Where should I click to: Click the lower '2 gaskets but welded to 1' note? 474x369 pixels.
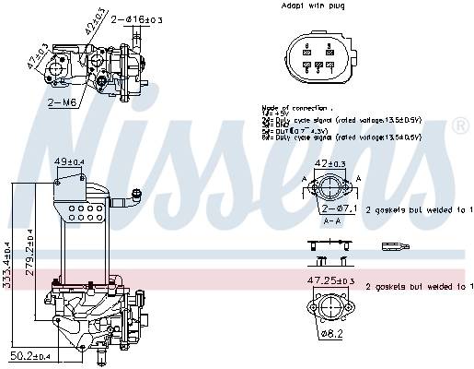(x=420, y=287)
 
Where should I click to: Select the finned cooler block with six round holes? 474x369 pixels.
(x=82, y=214)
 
